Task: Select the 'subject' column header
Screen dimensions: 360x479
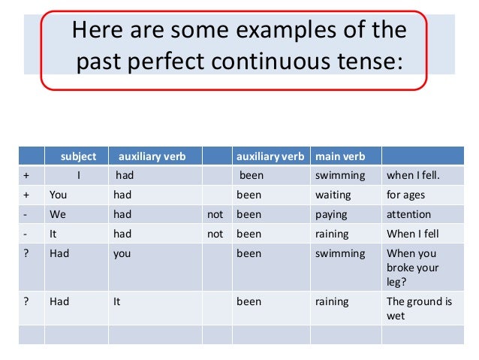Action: (x=78, y=156)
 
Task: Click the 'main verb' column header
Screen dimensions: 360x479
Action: (x=340, y=156)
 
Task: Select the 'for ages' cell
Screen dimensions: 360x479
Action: (x=405, y=195)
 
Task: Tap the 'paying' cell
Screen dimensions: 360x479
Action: (x=331, y=214)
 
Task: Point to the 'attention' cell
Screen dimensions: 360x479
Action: (x=408, y=214)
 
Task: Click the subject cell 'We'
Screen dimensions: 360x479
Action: (x=58, y=214)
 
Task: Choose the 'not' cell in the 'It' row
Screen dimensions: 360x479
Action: (x=215, y=234)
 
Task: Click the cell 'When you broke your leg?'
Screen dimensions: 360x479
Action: (x=412, y=268)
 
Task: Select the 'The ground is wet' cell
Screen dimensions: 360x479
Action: (x=419, y=309)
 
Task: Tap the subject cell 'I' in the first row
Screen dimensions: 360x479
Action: (x=78, y=176)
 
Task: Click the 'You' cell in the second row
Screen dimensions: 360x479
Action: (x=59, y=195)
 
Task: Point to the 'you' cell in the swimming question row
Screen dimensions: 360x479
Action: (x=122, y=253)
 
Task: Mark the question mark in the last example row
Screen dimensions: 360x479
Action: (x=27, y=301)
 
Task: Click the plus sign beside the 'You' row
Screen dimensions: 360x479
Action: (x=27, y=195)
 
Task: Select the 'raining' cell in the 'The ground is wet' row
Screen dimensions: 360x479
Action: (x=332, y=301)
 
